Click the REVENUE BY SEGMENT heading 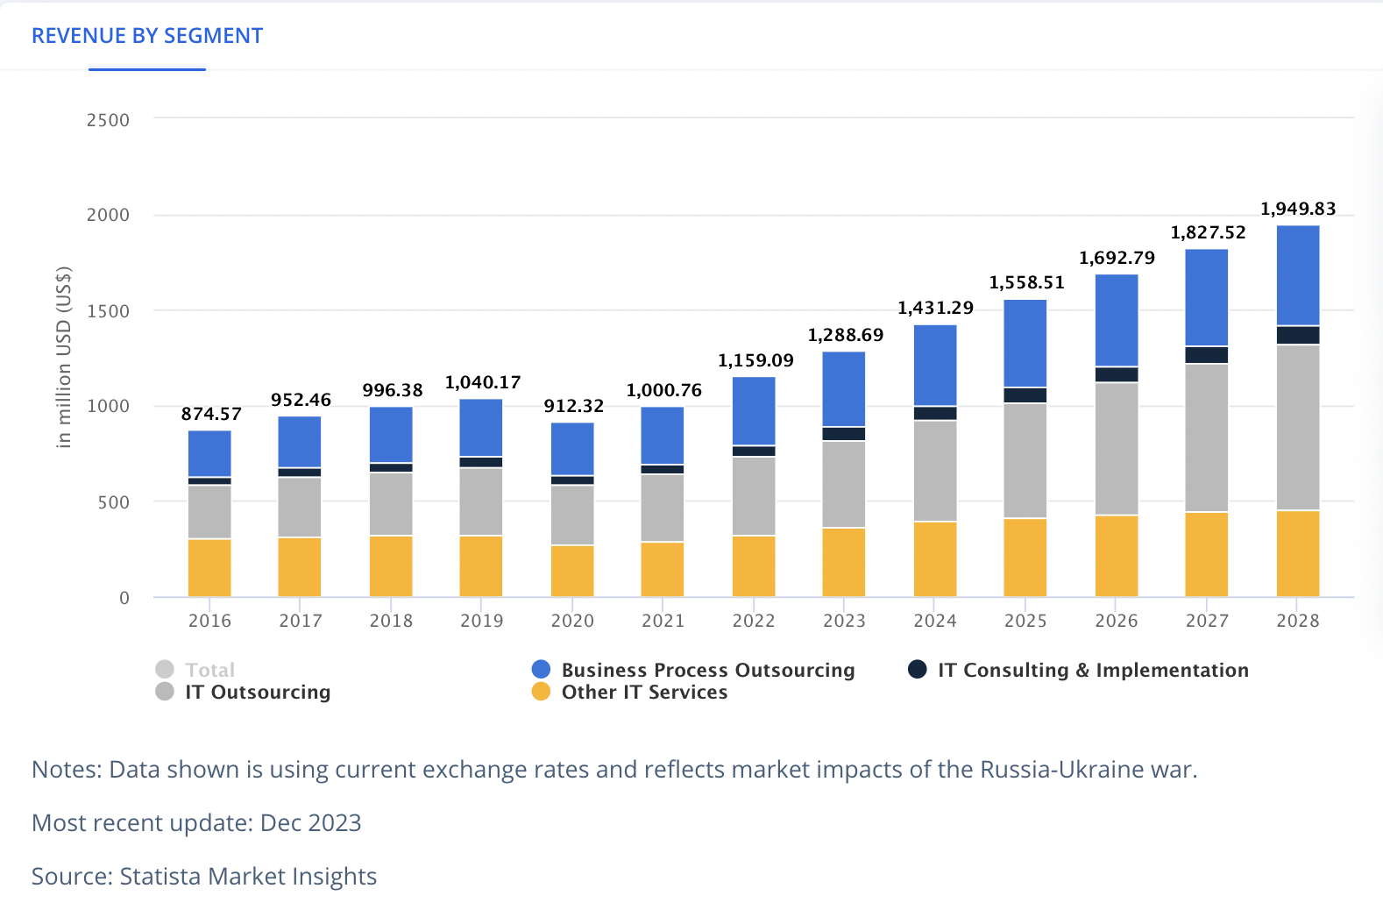147,36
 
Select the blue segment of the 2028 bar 1297,275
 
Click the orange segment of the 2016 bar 209,567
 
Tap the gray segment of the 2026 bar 1116,448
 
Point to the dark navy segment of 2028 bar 1297,335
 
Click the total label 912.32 573,406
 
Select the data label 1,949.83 1297,209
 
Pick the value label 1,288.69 845,335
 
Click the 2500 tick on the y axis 108,120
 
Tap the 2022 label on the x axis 753,621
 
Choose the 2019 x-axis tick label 481,621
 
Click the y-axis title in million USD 63,357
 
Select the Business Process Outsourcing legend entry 706,670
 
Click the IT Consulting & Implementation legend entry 1092,670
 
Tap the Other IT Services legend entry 643,692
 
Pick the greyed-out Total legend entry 209,670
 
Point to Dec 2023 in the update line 310,822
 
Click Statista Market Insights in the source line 248,876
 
